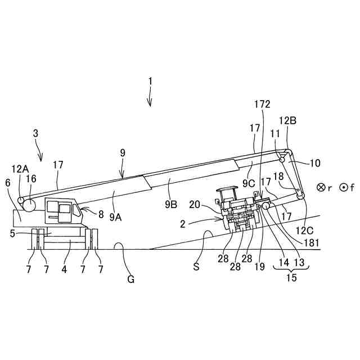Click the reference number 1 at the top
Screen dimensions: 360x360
[150, 81]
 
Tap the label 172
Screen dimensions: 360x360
[262, 104]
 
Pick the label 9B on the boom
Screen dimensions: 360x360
[171, 205]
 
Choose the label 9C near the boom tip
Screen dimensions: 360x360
[250, 183]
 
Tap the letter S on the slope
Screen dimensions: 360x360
[196, 267]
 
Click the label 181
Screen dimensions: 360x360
[310, 243]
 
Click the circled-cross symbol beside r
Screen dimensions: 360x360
[321, 188]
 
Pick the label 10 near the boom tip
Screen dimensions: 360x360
[314, 163]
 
